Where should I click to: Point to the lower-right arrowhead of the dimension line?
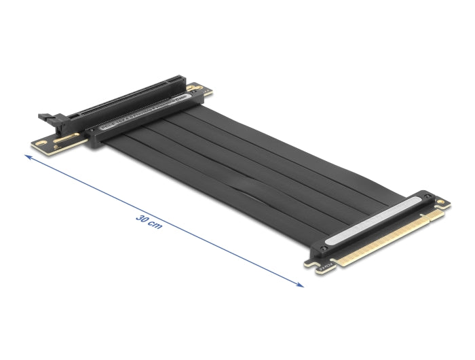(301, 285)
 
